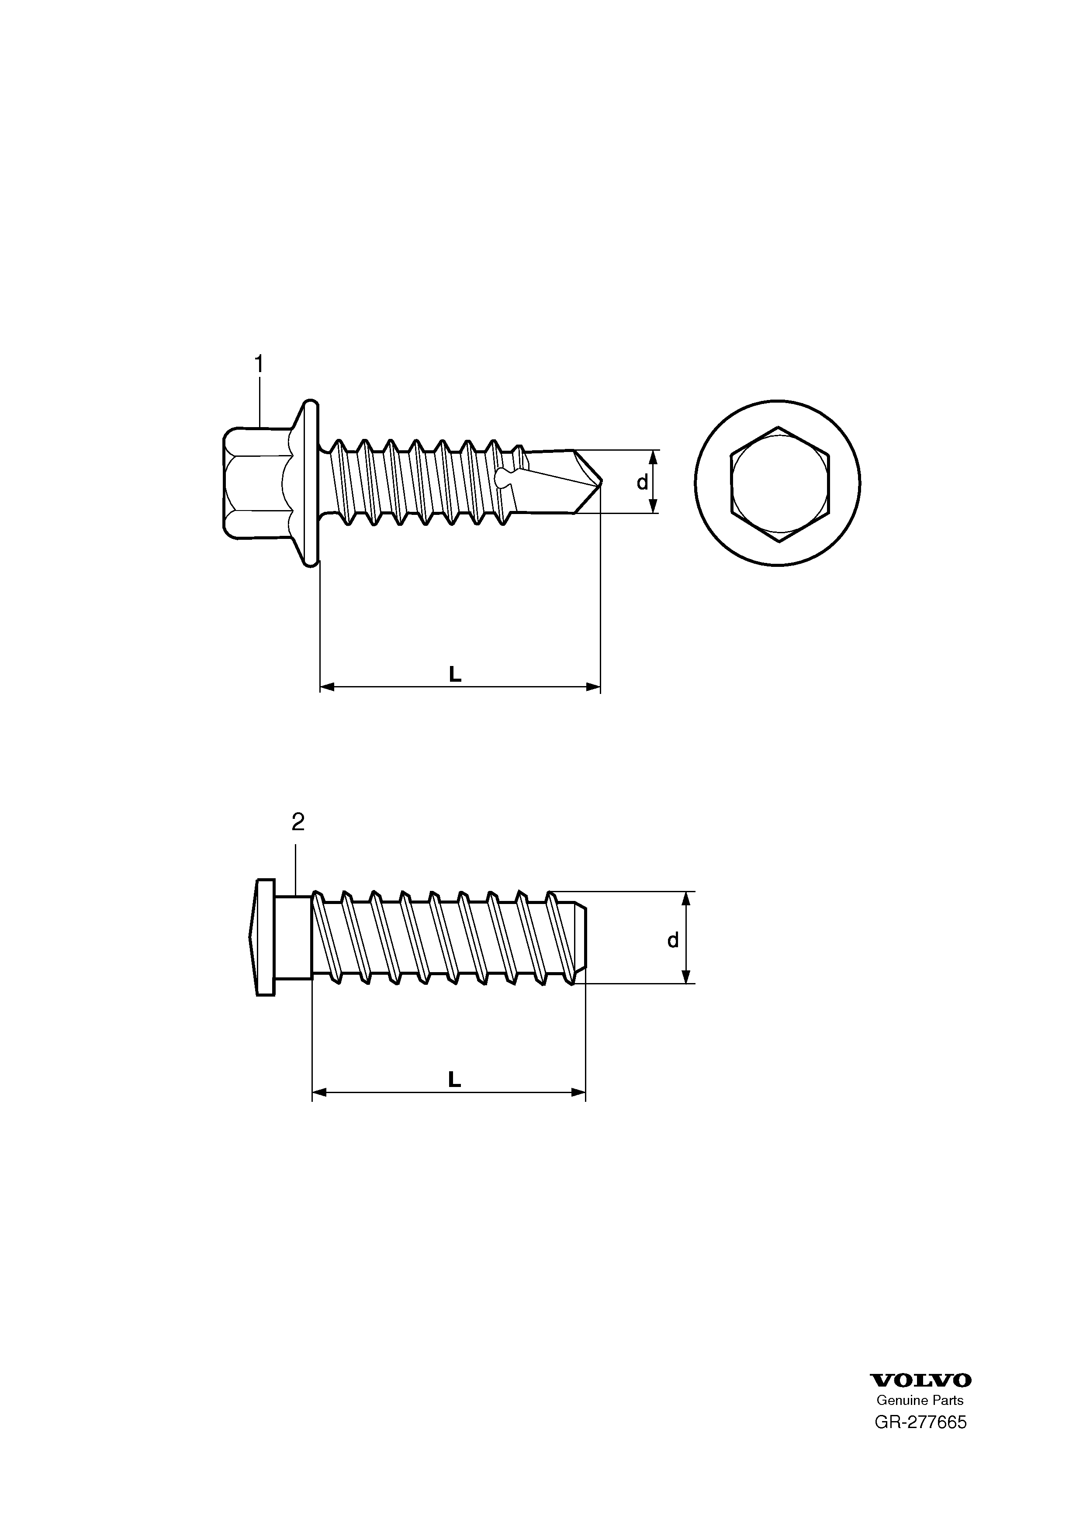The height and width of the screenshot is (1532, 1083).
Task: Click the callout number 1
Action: [259, 364]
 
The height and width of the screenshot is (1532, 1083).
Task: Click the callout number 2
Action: [298, 822]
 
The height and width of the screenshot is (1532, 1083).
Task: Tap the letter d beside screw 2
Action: [673, 940]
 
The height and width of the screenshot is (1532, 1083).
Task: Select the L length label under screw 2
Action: [454, 1080]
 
